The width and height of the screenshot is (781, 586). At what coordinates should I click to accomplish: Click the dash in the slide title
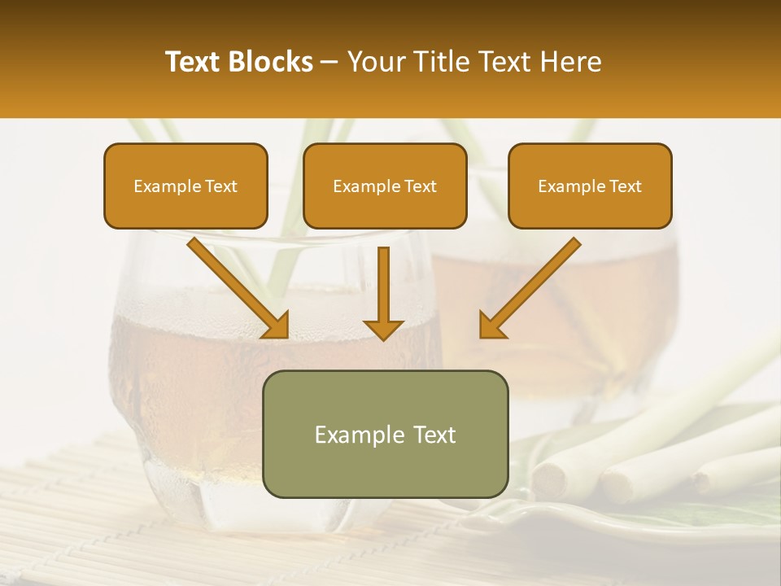(x=329, y=63)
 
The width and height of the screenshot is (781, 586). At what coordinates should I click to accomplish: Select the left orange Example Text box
(x=185, y=186)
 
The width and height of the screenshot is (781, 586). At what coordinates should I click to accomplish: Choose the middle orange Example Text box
(x=385, y=186)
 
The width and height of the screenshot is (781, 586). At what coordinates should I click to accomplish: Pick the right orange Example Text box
(x=590, y=186)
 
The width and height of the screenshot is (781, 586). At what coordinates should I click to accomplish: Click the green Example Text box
(x=385, y=434)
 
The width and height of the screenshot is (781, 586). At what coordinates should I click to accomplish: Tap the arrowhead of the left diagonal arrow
(x=276, y=326)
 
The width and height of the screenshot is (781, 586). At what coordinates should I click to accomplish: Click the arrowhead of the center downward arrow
(x=384, y=329)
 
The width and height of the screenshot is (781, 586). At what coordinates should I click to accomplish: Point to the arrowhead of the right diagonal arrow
(x=492, y=326)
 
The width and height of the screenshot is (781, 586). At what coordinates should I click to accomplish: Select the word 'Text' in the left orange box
(x=220, y=186)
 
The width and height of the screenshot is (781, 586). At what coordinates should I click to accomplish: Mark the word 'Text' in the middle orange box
(x=421, y=186)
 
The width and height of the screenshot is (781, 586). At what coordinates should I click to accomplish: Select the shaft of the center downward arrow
(x=384, y=281)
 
